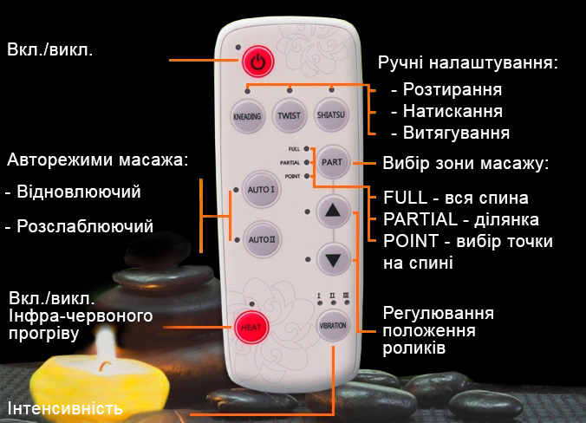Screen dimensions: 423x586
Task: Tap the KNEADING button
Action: (248, 115)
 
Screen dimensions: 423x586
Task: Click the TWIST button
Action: (289, 115)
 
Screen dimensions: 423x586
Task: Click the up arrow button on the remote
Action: (334, 211)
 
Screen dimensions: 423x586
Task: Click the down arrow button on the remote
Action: (334, 257)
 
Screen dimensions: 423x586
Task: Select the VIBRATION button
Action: (333, 328)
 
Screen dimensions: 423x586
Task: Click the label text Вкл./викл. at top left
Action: (50, 49)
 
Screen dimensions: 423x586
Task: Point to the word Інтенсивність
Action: (65, 408)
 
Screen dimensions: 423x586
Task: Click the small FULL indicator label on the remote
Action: (294, 149)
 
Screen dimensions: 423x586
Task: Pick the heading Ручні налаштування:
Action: (467, 63)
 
